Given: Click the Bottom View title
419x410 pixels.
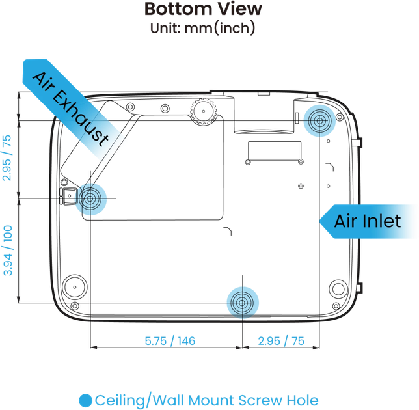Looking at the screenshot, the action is click(203, 9).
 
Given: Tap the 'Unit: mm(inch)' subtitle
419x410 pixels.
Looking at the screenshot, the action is click(202, 28).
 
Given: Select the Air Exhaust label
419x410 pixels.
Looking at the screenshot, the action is click(70, 109).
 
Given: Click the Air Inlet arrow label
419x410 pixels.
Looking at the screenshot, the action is click(368, 221).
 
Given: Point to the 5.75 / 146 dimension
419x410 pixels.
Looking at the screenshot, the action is click(170, 341).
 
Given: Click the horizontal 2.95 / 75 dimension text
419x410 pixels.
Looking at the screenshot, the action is click(281, 341).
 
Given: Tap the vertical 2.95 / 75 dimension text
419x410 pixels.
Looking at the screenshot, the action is click(7, 158).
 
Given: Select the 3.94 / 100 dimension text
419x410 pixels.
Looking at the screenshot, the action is click(8, 251).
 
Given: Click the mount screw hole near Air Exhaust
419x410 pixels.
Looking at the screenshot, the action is click(90, 199).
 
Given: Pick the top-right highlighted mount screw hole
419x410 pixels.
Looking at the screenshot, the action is click(319, 121).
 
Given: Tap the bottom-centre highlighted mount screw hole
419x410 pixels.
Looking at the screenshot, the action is click(243, 303).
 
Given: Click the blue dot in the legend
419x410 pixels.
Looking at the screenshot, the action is click(85, 401).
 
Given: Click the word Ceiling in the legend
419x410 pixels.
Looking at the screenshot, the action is click(120, 401).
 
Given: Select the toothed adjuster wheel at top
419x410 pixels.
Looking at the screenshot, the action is click(204, 111).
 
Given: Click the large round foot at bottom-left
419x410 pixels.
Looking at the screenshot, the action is click(75, 287).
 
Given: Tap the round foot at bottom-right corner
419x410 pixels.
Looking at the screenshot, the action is click(338, 289).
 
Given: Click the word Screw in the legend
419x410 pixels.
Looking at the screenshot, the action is click(260, 401).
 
